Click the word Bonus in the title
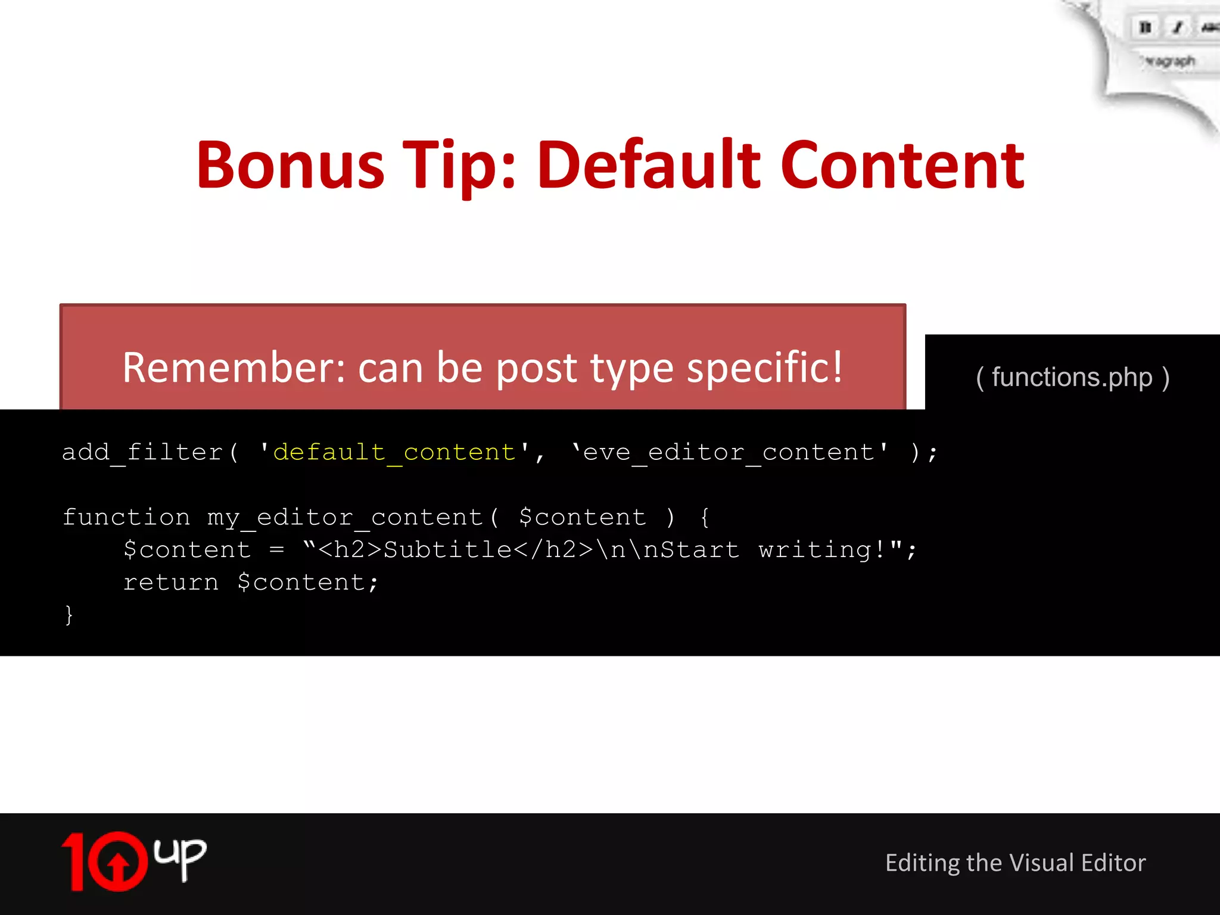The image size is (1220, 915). (x=291, y=166)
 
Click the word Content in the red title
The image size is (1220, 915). (x=902, y=166)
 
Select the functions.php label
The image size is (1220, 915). (x=1072, y=378)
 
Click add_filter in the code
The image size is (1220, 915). (x=142, y=452)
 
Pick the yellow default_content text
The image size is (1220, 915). (x=394, y=452)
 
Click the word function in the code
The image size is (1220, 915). (x=126, y=517)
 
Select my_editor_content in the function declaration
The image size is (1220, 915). (x=345, y=517)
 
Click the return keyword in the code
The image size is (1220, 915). (x=171, y=582)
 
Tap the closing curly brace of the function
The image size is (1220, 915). (x=69, y=614)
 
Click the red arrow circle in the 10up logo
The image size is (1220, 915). (x=118, y=861)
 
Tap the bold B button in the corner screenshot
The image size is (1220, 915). (x=1144, y=28)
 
